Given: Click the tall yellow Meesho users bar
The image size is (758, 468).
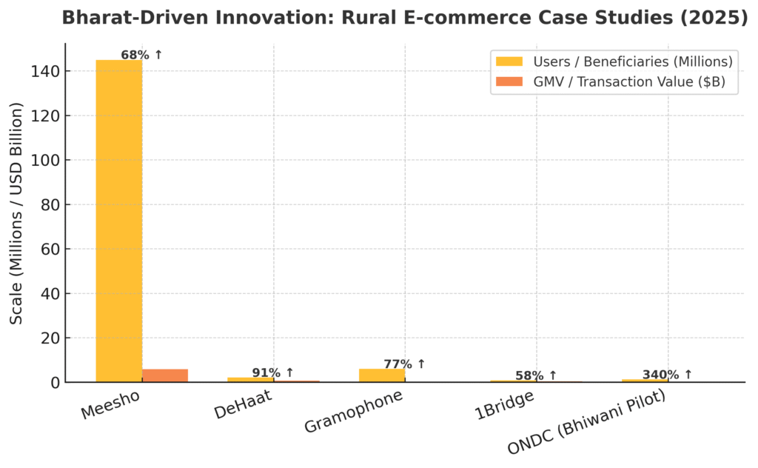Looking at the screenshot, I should tap(118, 222).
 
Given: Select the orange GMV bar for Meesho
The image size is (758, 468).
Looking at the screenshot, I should tap(165, 375).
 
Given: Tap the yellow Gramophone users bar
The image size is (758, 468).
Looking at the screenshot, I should tap(381, 375).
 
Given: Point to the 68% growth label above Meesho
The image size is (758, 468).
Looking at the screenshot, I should tap(141, 55).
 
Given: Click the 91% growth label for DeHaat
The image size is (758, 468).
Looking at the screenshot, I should tap(272, 372).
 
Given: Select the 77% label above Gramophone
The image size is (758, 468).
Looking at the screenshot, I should tap(404, 364).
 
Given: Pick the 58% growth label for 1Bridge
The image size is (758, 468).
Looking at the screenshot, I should tap(535, 375).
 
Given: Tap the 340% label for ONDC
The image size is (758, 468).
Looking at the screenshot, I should tap(667, 375).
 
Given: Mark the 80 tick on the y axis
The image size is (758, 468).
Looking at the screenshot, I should tap(50, 204).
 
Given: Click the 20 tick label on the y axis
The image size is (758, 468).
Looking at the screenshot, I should tap(50, 338).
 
